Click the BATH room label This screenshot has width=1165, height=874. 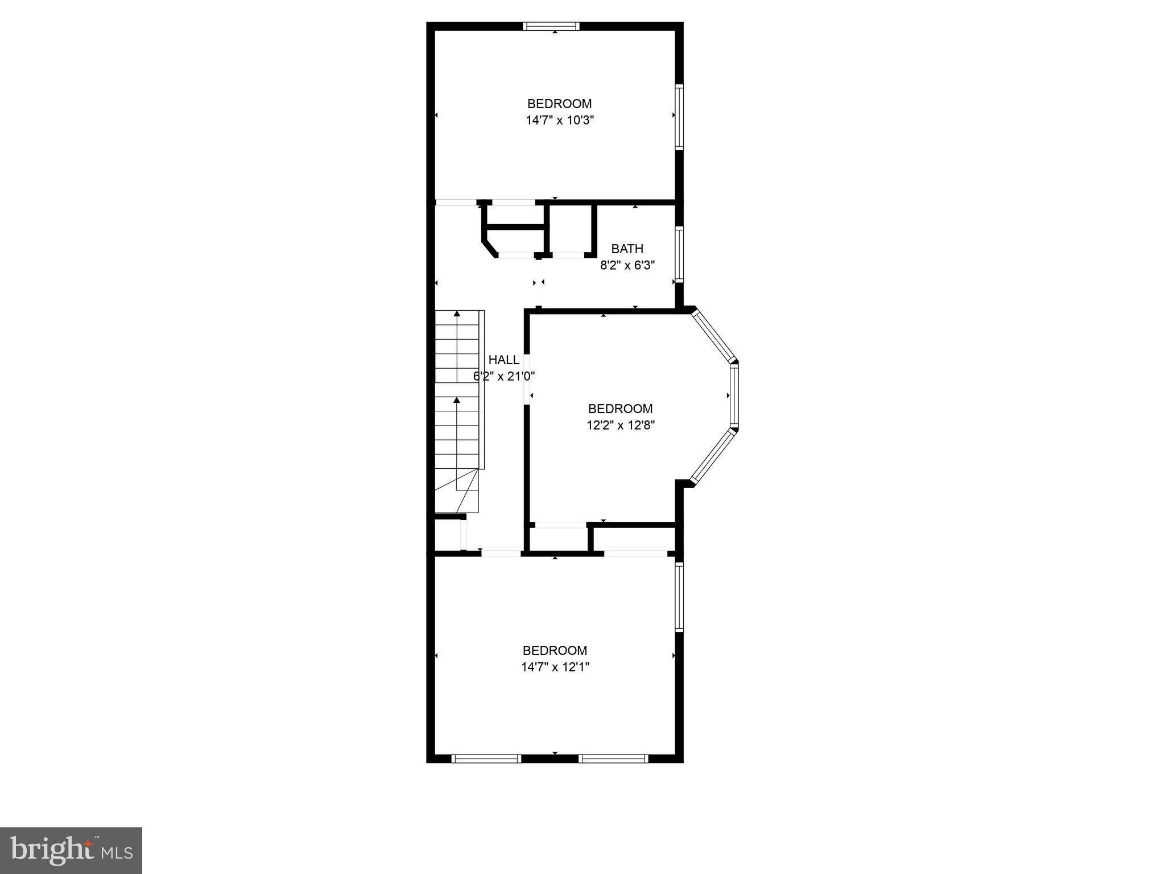coord(627,249)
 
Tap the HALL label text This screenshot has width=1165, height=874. coord(503,360)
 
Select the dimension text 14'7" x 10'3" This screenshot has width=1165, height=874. coord(560,120)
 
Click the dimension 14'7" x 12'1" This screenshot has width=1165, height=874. coord(555,667)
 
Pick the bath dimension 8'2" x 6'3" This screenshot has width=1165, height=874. coord(627,265)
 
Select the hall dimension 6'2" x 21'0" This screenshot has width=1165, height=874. coord(504,376)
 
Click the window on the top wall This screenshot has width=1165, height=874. coord(551,26)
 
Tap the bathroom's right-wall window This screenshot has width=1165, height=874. coord(679,254)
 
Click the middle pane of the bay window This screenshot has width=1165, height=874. coord(734,395)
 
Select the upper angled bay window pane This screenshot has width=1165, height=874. coord(713,335)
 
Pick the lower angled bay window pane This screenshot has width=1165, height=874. coord(713,455)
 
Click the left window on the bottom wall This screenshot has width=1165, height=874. coord(486,758)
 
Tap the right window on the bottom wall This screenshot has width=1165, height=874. coord(613,758)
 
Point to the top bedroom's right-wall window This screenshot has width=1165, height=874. coord(679,117)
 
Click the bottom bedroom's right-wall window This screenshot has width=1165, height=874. coord(679,596)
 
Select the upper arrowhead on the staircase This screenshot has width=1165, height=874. coord(457,314)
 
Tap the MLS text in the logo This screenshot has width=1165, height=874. coord(117,852)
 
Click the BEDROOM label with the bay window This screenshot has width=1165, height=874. coord(620,409)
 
